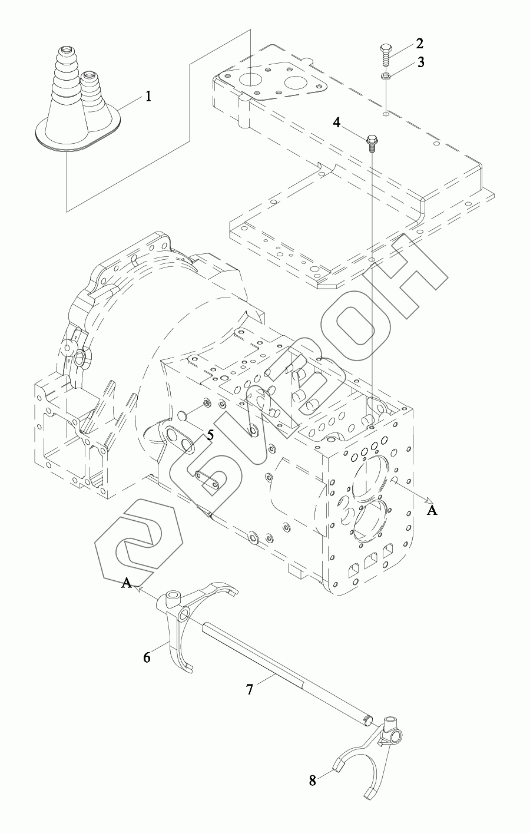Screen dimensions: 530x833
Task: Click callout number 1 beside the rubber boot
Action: [148, 96]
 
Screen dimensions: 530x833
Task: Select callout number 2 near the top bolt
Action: [419, 43]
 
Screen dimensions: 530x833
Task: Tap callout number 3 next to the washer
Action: [420, 62]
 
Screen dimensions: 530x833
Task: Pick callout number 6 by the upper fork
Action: [147, 656]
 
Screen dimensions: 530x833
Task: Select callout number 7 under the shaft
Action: [250, 689]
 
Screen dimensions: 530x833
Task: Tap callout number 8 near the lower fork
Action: [312, 781]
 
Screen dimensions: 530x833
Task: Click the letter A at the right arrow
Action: [432, 511]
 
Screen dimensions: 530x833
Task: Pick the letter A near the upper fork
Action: [126, 583]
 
